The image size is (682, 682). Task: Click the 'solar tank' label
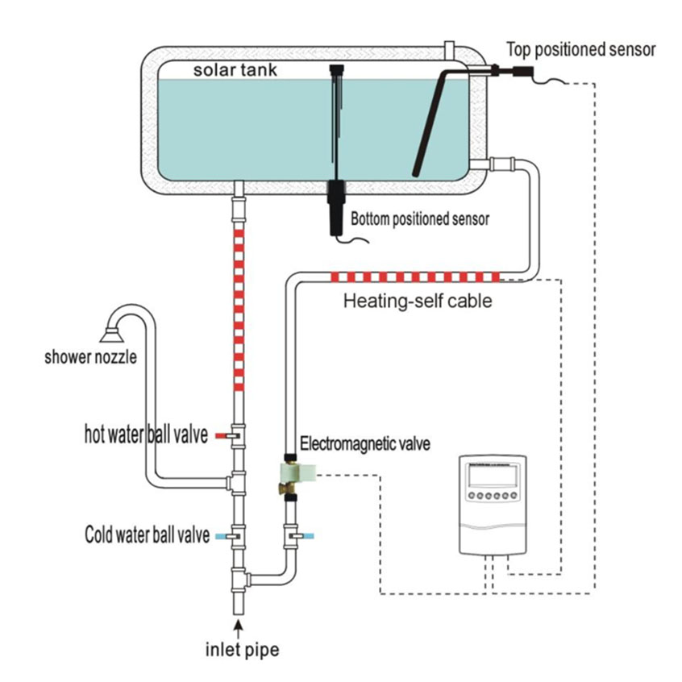(x=235, y=70)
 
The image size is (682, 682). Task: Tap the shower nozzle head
(x=112, y=328)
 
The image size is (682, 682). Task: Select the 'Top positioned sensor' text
(x=580, y=50)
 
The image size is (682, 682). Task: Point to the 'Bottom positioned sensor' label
(x=419, y=218)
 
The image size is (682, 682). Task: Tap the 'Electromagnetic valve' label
(x=364, y=443)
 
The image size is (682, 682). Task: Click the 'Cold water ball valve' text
(x=148, y=534)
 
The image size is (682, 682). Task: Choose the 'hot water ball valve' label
(x=145, y=435)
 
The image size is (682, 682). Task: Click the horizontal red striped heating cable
(x=416, y=278)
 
